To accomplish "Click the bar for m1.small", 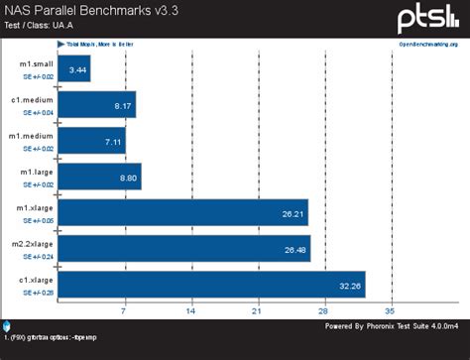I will coord(74,68).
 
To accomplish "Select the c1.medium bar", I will coord(96,104).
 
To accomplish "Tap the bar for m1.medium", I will coord(91,140).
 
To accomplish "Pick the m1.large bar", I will coord(99,177).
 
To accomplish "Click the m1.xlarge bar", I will coord(183,212).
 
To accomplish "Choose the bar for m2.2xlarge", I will coord(184,248).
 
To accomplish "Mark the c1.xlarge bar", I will coord(211,285).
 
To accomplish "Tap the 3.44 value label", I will coord(77,68).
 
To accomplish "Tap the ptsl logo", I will coord(428,17).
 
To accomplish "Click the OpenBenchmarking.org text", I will coord(429,45).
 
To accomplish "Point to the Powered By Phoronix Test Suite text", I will coord(392,325).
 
